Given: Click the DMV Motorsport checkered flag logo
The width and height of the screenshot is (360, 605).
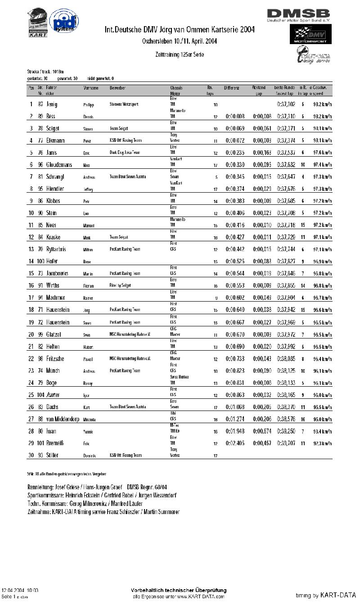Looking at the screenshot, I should click(310, 35).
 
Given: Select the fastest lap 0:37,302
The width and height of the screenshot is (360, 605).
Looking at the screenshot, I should click(286, 104).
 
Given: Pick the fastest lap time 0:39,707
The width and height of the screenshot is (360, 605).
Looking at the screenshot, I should click(286, 443).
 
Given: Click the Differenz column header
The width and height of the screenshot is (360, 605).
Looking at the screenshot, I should click(232, 88).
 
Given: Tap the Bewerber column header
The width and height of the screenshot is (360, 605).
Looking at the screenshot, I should click(117, 88).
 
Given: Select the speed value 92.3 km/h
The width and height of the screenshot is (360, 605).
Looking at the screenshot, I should click(323, 443).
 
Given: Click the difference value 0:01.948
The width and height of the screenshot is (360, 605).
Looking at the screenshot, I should click(235, 431).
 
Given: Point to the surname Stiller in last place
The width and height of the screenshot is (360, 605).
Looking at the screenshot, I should click(53, 455).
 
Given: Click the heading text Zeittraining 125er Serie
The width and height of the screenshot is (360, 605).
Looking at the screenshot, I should click(180, 54).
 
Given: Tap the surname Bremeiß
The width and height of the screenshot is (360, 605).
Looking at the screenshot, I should click(55, 443).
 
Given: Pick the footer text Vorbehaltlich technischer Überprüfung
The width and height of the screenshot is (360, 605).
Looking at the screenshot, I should click(179, 590).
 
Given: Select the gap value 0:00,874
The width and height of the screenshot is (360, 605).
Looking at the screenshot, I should click(262, 431).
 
